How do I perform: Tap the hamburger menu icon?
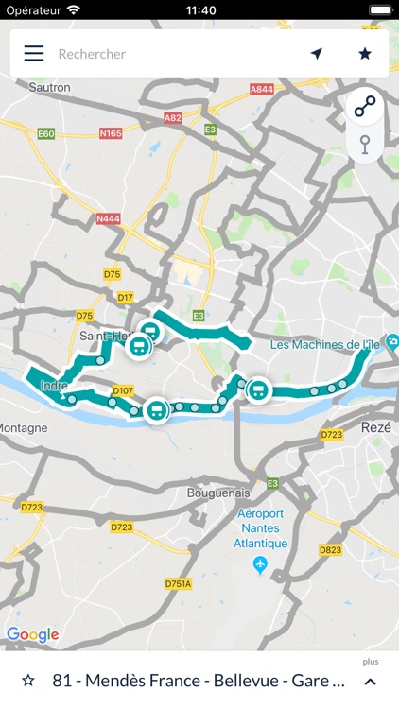point(34,54)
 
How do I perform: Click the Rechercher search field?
point(170,54)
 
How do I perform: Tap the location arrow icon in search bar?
point(317,54)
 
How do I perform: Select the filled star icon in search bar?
point(365,54)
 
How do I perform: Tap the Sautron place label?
point(50,87)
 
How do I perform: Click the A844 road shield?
point(262,88)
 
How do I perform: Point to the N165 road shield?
point(110,134)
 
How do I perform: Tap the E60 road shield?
point(46,134)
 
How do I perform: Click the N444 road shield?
point(109,218)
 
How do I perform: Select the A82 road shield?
point(172,118)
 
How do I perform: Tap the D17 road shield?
point(125,298)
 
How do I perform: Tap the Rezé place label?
point(375,428)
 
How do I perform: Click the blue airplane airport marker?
point(261,564)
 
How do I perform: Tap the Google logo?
point(32,634)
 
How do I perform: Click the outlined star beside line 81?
point(28,681)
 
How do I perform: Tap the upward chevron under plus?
point(370,682)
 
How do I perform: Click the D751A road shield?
point(178,584)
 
